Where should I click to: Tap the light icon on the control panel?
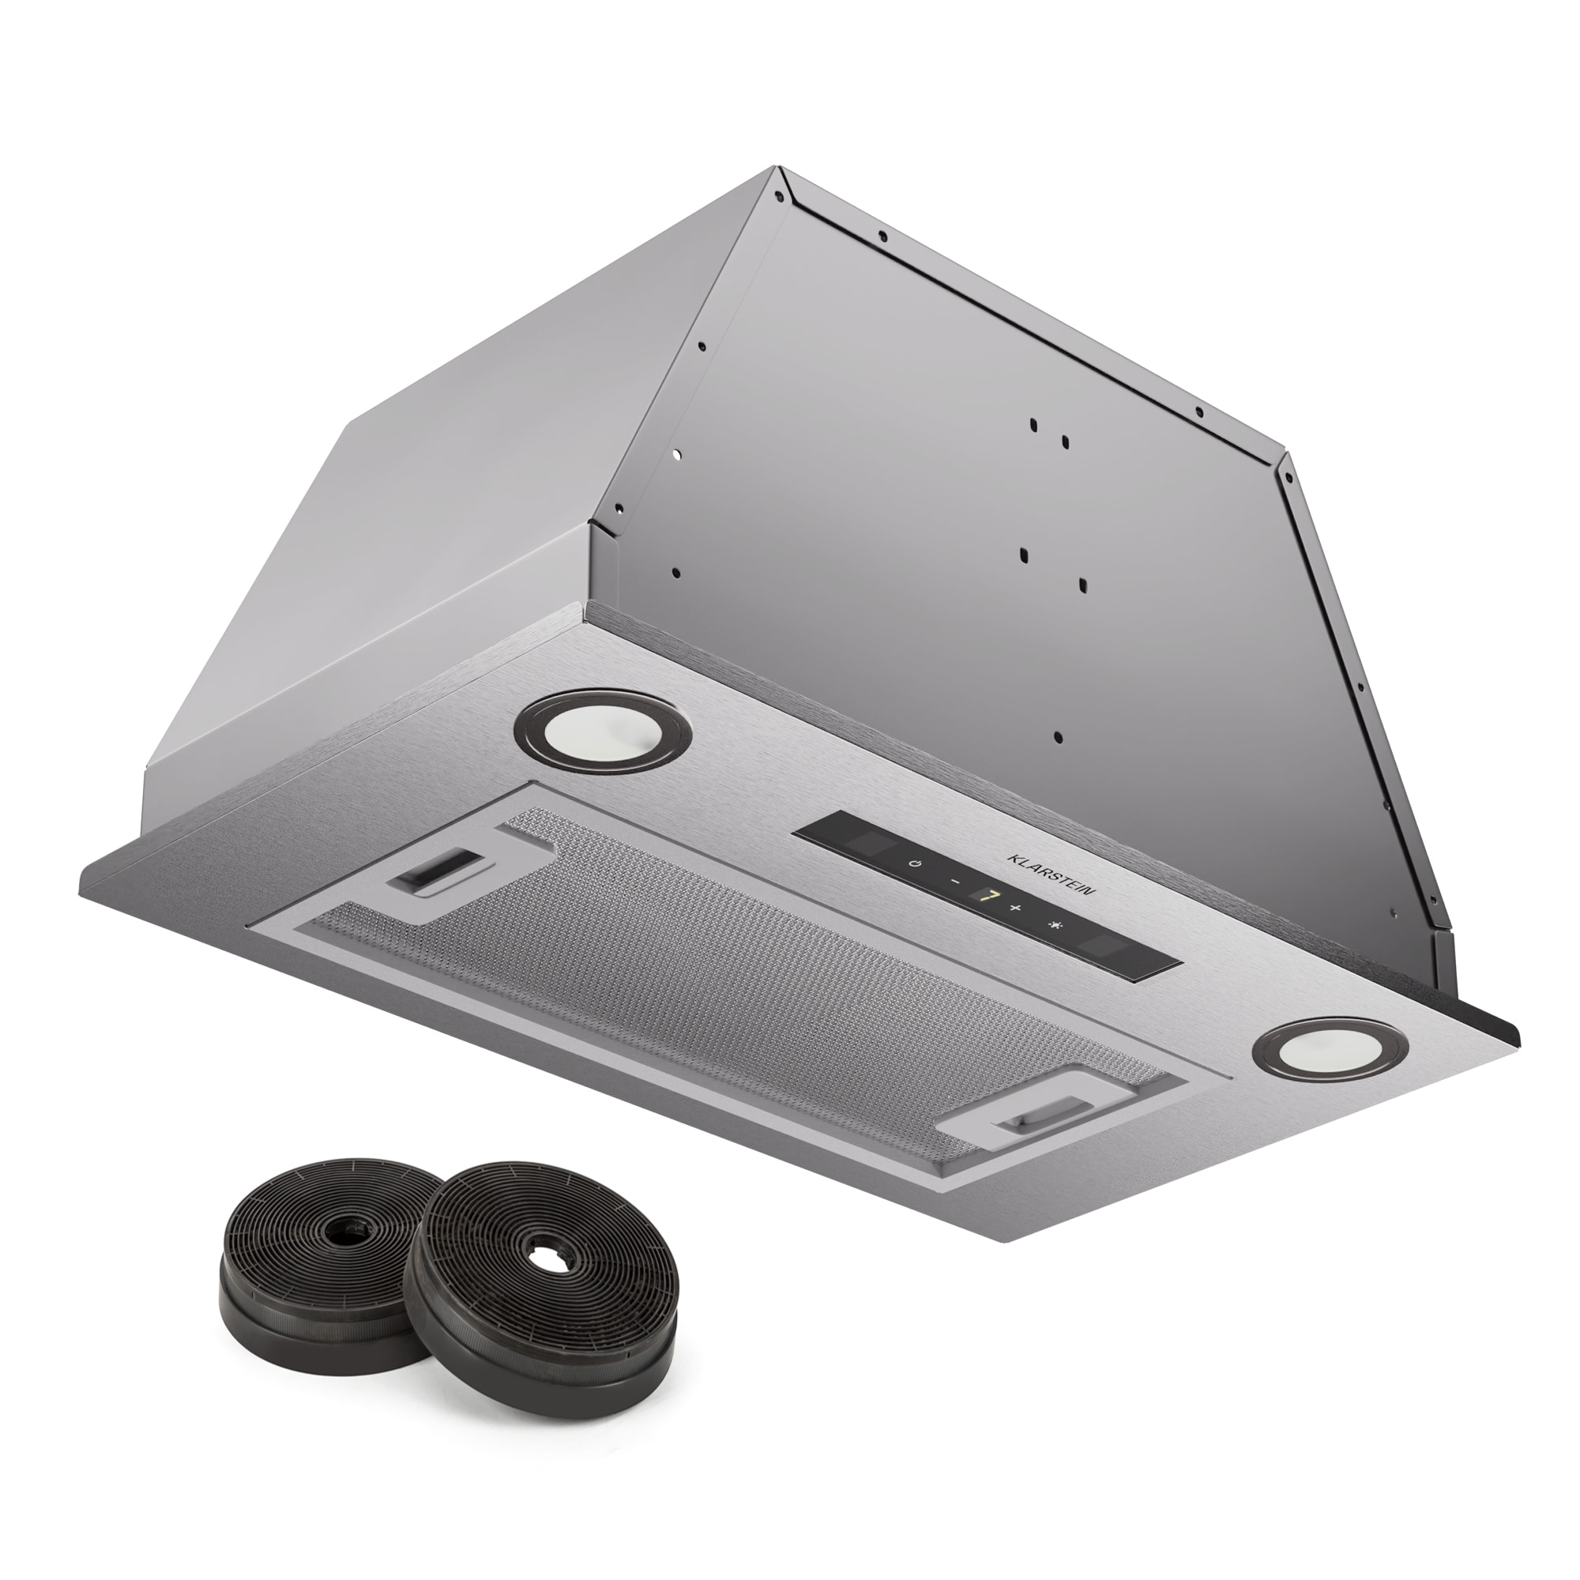point(1055,927)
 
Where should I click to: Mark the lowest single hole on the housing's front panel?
point(1059,737)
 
